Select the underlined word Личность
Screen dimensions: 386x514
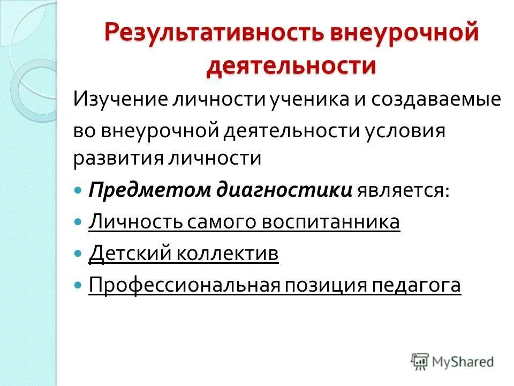tap(135, 222)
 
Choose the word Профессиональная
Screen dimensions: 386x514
tap(185, 285)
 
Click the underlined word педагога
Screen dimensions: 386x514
tap(416, 285)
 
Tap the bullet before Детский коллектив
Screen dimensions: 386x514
tap(78, 253)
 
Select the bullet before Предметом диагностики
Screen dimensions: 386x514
tap(78, 189)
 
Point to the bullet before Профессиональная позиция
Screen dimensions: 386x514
tap(78, 284)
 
